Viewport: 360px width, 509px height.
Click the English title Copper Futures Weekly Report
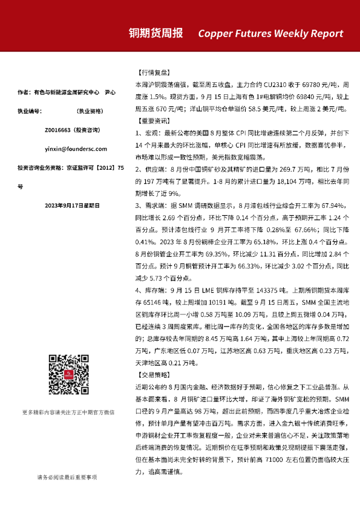pyautogui.click(x=270, y=33)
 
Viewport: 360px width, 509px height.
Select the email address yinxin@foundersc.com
pyautogui.click(x=67, y=149)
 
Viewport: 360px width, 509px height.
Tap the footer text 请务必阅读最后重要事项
pyautogui.click(x=67, y=477)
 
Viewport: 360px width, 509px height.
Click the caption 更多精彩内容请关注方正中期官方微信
pyautogui.click(x=67, y=412)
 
